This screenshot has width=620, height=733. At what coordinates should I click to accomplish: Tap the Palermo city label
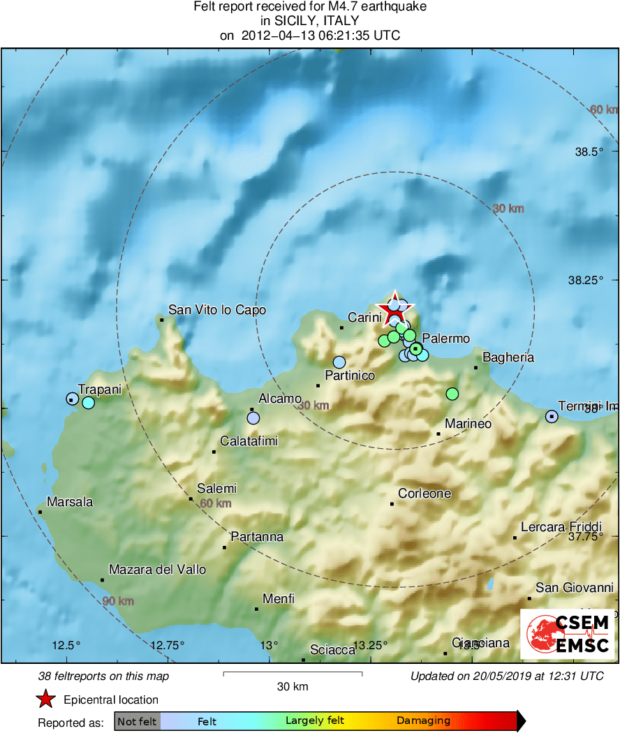pyautogui.click(x=446, y=339)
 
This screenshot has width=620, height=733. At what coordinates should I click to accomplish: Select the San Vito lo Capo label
pyautogui.click(x=217, y=310)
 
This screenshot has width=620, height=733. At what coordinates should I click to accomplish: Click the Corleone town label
pyautogui.click(x=425, y=494)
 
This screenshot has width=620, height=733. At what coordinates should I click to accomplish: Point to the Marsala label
pyautogui.click(x=70, y=501)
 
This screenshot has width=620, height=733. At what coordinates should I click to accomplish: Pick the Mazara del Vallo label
pyautogui.click(x=157, y=570)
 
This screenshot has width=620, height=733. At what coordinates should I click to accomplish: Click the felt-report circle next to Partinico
pyautogui.click(x=339, y=362)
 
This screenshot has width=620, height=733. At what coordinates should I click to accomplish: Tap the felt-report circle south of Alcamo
pyautogui.click(x=253, y=417)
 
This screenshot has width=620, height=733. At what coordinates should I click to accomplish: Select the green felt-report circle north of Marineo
pyautogui.click(x=452, y=394)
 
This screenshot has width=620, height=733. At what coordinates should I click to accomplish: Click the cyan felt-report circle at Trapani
pyautogui.click(x=88, y=402)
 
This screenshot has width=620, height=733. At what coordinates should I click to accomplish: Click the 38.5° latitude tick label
pyautogui.click(x=585, y=152)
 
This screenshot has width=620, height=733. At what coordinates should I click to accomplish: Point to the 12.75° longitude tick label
pyautogui.click(x=168, y=644)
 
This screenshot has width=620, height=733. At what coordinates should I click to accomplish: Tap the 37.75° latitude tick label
pyautogui.click(x=585, y=537)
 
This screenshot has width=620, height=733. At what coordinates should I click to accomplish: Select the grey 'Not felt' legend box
pyautogui.click(x=138, y=721)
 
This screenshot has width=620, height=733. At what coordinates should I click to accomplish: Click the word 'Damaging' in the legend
pyautogui.click(x=423, y=721)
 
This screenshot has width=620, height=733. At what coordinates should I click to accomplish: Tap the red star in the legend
pyautogui.click(x=45, y=699)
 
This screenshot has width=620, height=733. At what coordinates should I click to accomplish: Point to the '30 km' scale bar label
pyautogui.click(x=293, y=686)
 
